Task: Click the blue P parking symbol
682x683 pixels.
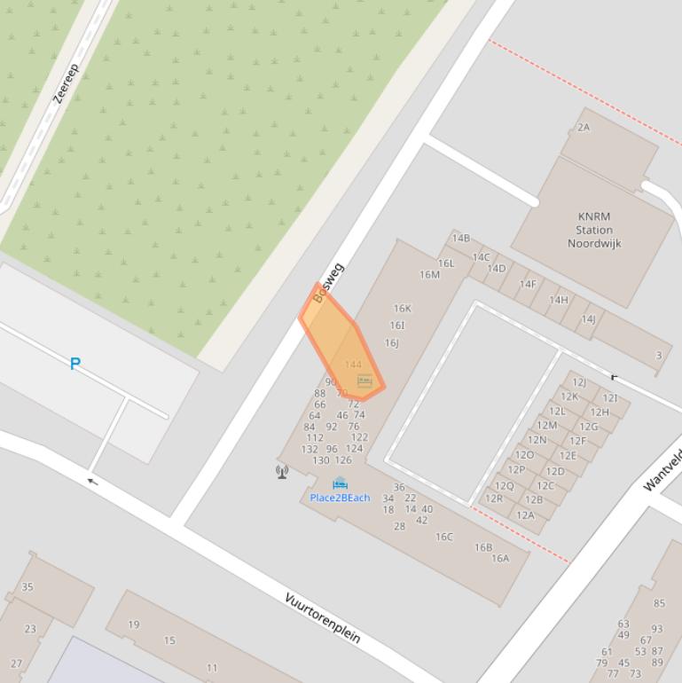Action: [x=75, y=364]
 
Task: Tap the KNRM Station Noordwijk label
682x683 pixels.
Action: [x=594, y=230]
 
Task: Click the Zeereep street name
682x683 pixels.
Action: [x=67, y=83]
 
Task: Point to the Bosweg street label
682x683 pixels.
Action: [x=328, y=283]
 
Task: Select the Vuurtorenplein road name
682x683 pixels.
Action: [x=322, y=617]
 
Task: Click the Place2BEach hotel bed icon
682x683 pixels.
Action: [x=340, y=483]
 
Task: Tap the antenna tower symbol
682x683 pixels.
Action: [x=282, y=472]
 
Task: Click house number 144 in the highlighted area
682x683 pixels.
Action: [x=353, y=365]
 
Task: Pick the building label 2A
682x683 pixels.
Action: [x=584, y=128]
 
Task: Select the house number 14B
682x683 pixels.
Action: [x=461, y=239]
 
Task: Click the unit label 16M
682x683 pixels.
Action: [x=429, y=275]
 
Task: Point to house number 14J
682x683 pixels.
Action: [x=588, y=319]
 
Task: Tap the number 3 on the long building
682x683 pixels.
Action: [x=659, y=356]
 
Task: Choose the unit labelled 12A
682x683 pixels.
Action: [x=526, y=515]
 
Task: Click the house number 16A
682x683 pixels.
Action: [x=500, y=559]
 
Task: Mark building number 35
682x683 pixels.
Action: [x=27, y=587]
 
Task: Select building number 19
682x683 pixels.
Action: [x=134, y=624]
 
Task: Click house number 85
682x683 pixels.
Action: [x=659, y=604]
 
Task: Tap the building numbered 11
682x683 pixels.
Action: [x=212, y=668]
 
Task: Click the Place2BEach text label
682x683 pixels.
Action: [x=340, y=498]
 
